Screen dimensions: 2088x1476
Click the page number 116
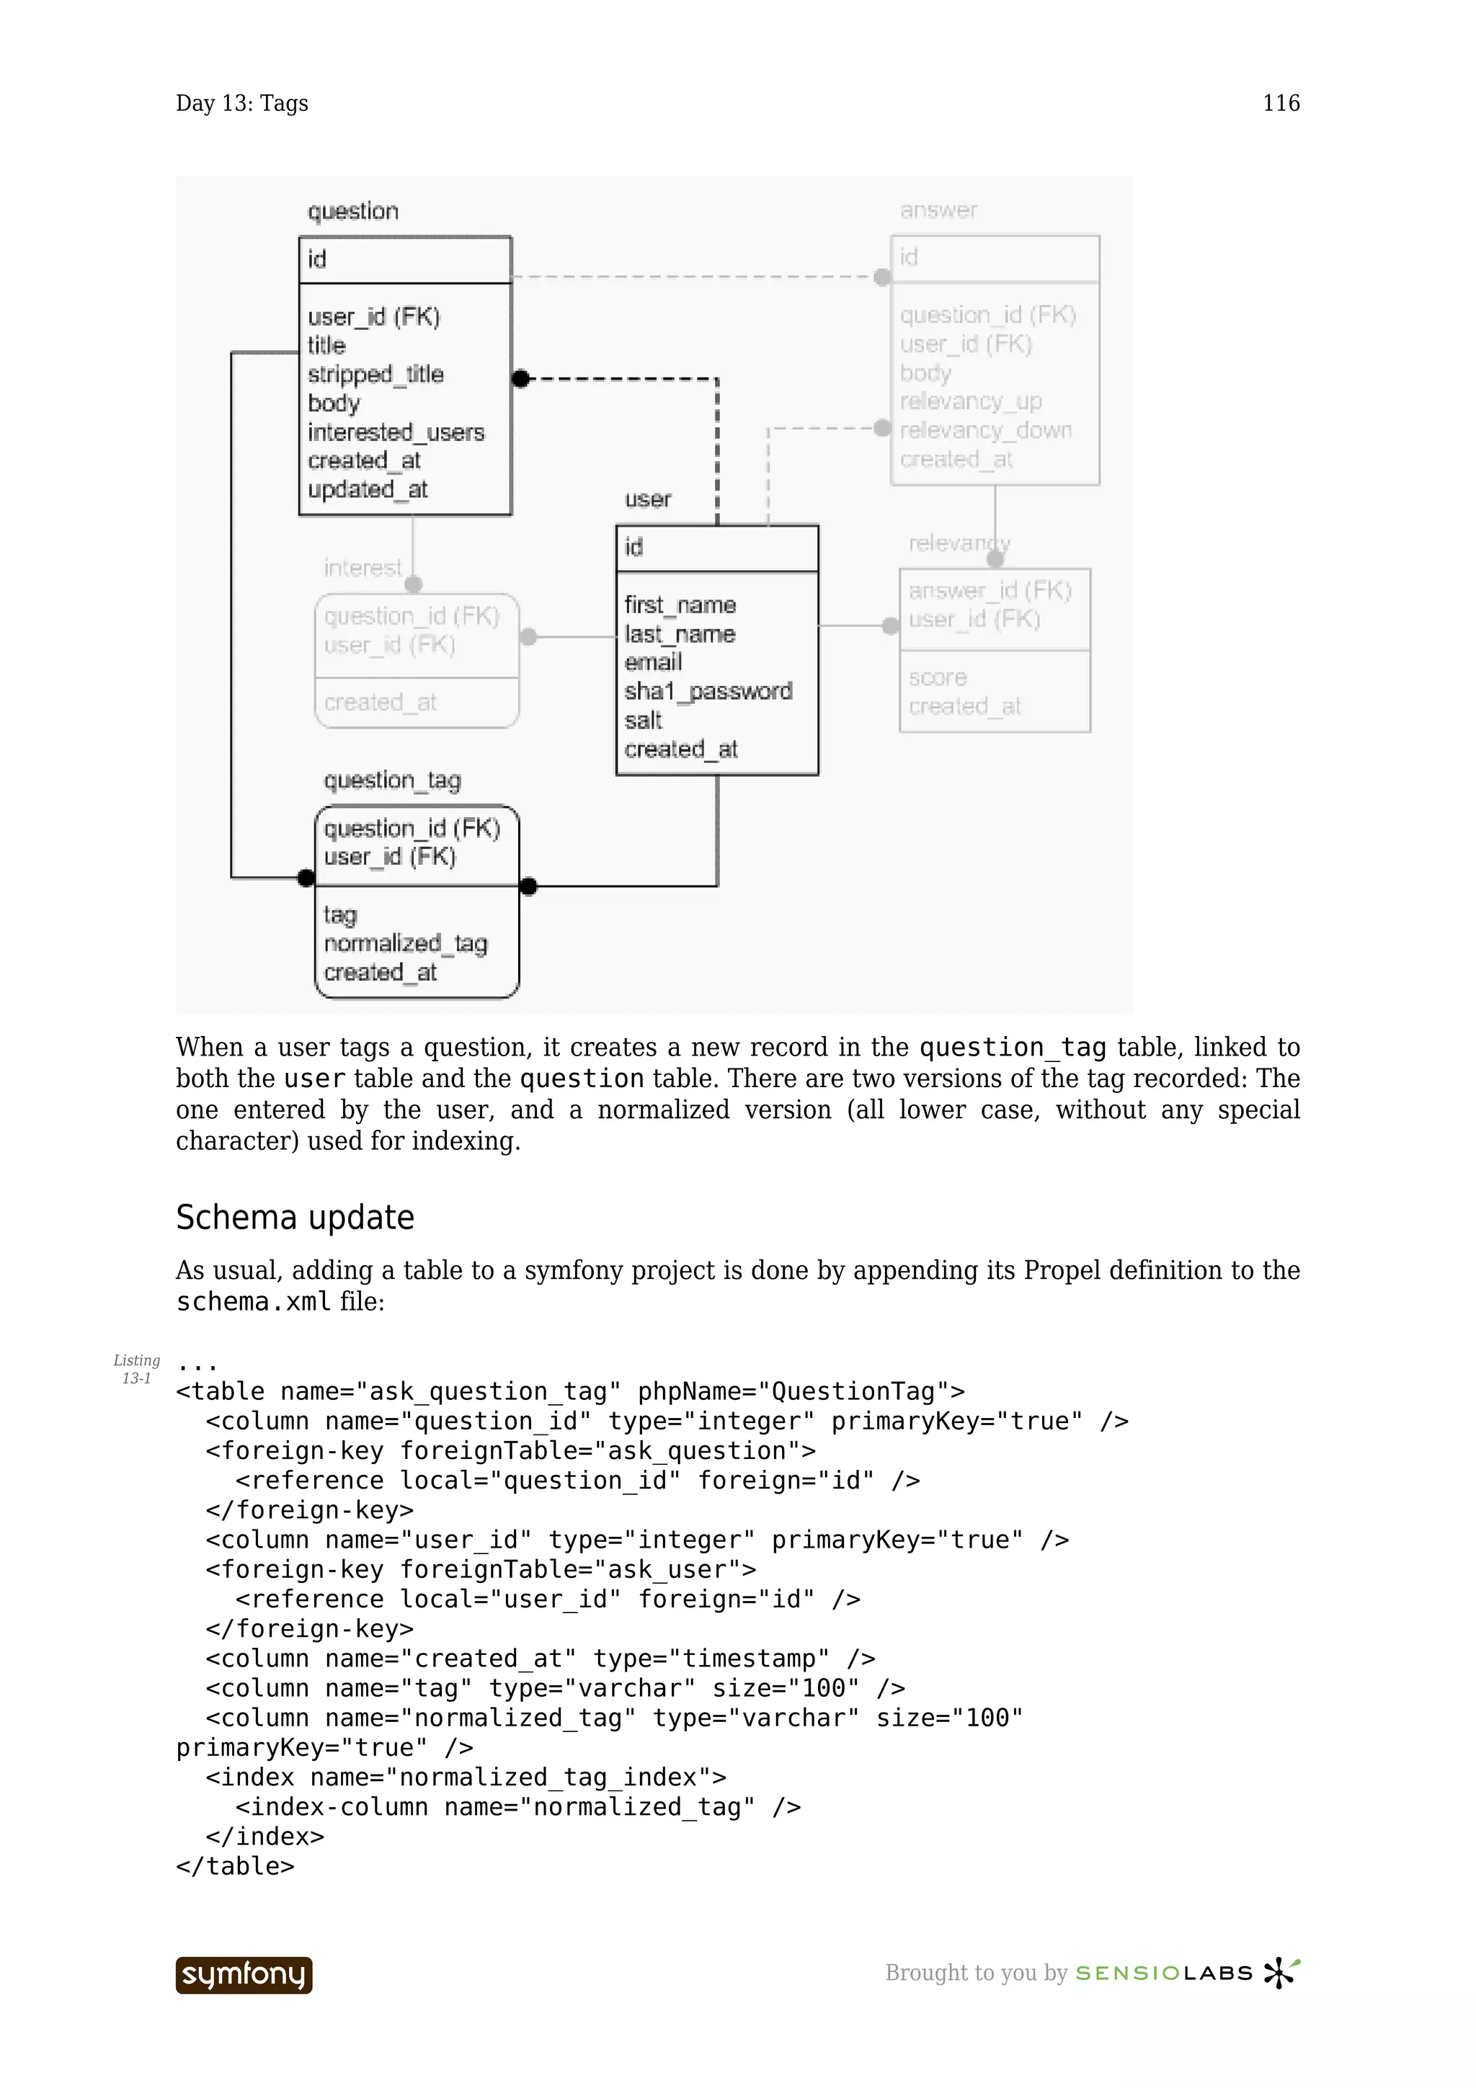pos(1281,103)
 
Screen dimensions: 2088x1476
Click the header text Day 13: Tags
pos(242,103)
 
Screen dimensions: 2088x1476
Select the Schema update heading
pos(295,1218)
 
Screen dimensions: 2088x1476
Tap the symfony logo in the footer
pos(244,1974)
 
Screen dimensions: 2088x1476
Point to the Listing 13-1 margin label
pos(136,1369)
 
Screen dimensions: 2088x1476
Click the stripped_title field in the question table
pos(375,374)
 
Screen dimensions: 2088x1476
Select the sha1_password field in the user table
pos(708,691)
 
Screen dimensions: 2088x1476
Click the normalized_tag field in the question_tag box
pos(406,943)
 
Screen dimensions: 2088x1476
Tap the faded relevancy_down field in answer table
pos(986,430)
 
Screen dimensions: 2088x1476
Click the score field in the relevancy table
pos(938,677)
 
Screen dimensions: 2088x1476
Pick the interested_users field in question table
pos(396,432)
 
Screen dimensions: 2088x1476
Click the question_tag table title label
pos(392,780)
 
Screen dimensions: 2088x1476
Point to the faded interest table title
pos(362,568)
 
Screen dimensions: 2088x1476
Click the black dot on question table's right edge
pos(520,378)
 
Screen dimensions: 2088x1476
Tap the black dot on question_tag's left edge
pos(306,878)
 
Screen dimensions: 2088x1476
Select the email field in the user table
pos(653,662)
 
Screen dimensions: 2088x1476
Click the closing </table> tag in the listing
pos(236,1866)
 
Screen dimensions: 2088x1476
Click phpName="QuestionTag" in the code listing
pos(800,1391)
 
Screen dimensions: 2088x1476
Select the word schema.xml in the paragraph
pos(254,1302)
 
